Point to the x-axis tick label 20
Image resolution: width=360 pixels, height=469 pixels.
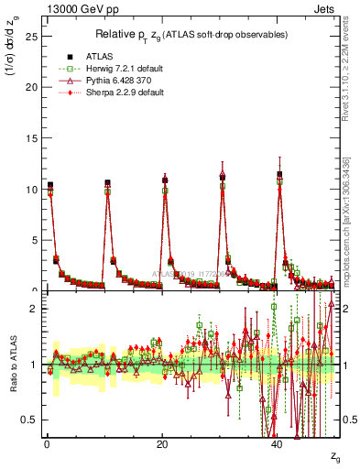pos(162,444)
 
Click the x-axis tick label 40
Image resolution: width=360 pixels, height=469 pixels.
pos(278,444)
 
